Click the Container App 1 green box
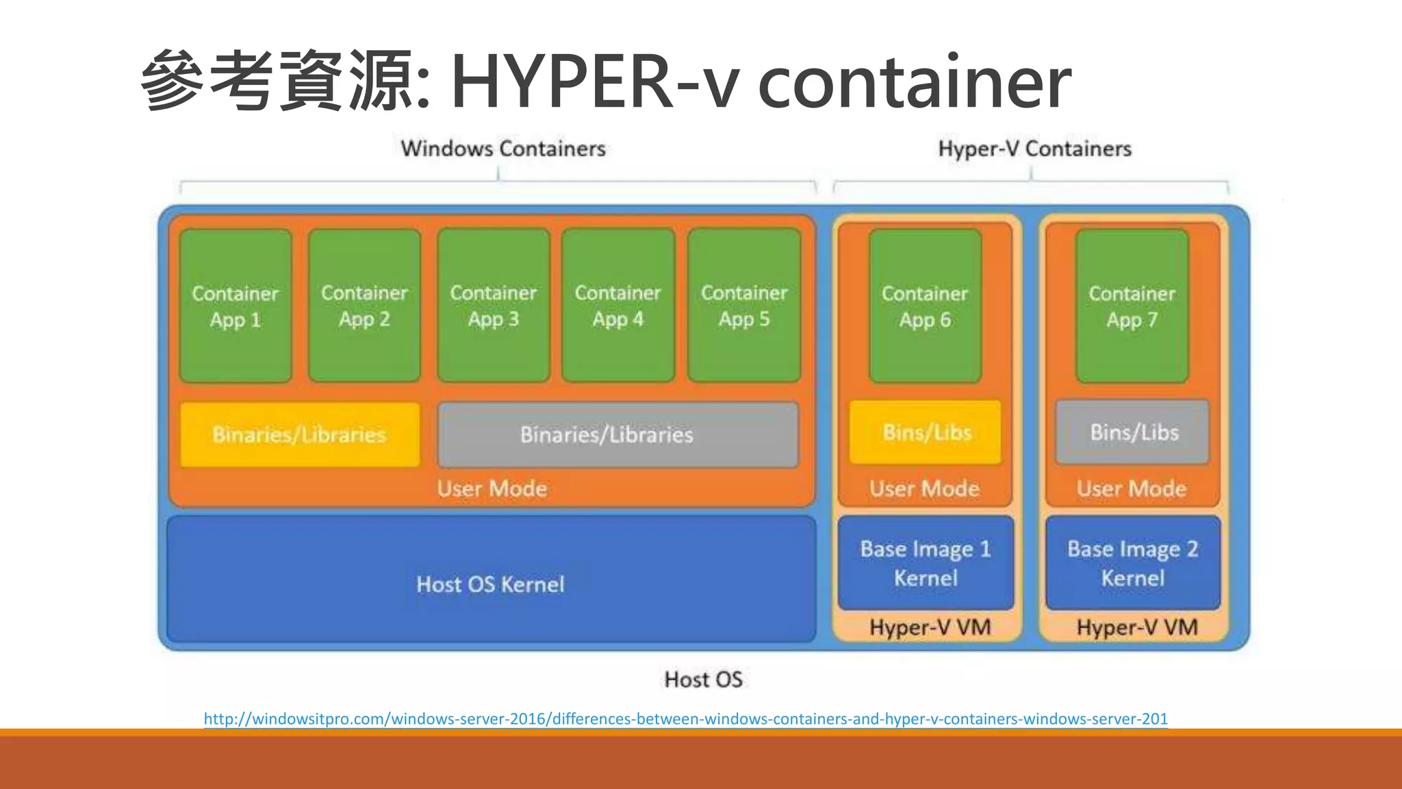click(x=235, y=306)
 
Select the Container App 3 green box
click(x=494, y=305)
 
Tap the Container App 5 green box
click(x=744, y=305)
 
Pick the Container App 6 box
click(x=925, y=306)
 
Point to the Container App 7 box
click(x=1132, y=306)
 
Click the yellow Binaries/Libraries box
click(x=300, y=435)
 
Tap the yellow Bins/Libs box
click(x=925, y=433)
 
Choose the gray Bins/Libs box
click(x=1133, y=433)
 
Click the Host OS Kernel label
click(x=490, y=584)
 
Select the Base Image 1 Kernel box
click(x=926, y=563)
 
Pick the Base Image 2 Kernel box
click(x=1133, y=563)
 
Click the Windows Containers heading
click(x=503, y=149)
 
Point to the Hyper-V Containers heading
click(x=1034, y=149)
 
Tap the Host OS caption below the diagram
click(x=703, y=679)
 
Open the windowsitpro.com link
click(x=685, y=718)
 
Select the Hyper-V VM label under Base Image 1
click(x=930, y=627)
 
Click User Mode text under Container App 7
click(x=1132, y=488)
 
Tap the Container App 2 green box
click(x=364, y=305)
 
